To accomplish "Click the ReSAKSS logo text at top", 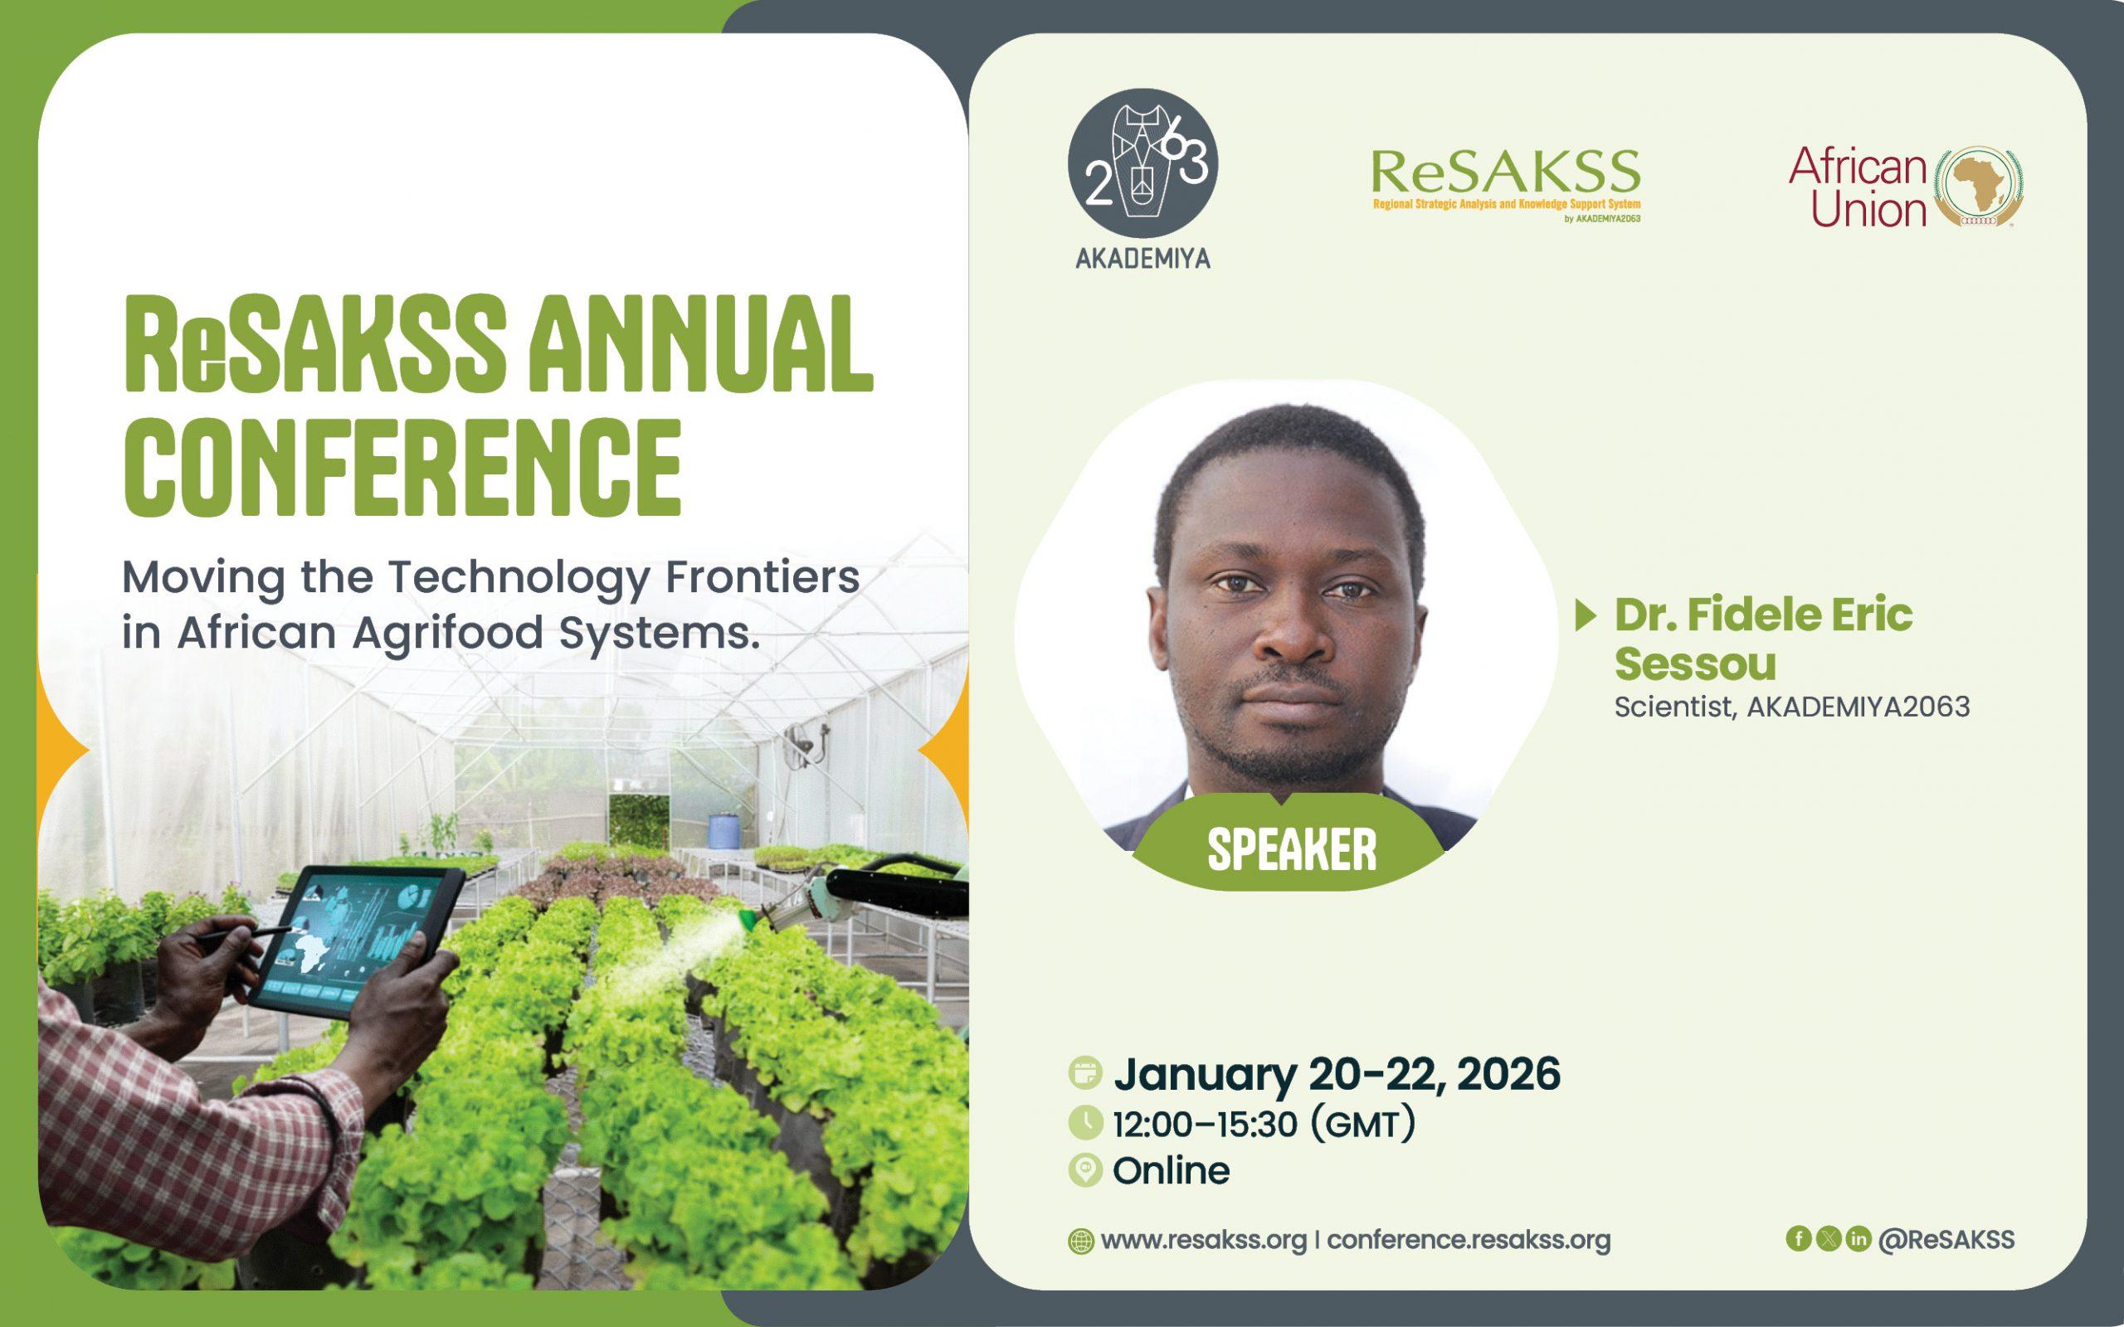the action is click(1505, 173).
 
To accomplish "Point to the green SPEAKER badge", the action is click(1290, 848).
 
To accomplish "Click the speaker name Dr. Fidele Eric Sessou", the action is click(1762, 639).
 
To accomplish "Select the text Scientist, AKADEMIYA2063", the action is click(1792, 707).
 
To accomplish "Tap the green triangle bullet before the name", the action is click(1585, 616).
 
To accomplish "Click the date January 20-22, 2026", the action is click(1337, 1074).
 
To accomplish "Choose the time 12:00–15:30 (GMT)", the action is click(1264, 1125).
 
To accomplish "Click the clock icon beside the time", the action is click(1086, 1122).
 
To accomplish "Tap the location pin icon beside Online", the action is click(1086, 1171).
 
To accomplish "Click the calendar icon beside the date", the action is click(1086, 1073).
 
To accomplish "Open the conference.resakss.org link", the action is click(1469, 1240).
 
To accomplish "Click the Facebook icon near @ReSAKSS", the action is click(1799, 1238).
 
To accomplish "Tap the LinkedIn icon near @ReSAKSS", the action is click(1858, 1238).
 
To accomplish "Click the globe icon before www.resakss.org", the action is click(1081, 1241).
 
